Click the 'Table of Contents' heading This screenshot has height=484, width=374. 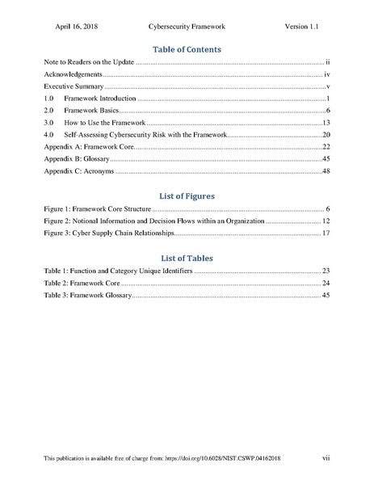coord(187,49)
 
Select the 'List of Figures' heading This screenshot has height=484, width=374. coord(187,196)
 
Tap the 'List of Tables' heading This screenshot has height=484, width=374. coord(187,258)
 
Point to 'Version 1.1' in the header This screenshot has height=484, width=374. coord(303,26)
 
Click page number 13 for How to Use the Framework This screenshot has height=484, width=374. coord(326,120)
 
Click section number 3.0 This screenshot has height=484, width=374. coord(48,120)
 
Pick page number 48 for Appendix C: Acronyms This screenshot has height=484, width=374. coord(326,172)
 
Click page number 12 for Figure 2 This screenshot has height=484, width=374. coord(326,221)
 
